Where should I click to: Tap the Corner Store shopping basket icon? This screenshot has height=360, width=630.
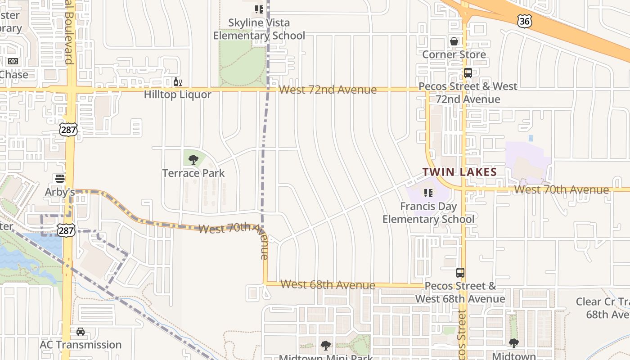454,41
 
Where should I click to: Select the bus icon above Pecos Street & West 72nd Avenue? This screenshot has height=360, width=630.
468,73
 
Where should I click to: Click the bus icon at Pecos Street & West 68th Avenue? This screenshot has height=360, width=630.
460,272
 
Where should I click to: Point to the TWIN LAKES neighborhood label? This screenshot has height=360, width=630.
459,172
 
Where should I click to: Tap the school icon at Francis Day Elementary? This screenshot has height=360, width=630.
428,193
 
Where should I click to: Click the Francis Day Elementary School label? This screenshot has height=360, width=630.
428,213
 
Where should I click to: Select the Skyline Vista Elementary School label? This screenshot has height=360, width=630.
259,29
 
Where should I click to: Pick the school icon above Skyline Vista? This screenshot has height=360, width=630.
259,9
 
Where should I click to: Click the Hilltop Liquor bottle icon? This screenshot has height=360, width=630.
178,82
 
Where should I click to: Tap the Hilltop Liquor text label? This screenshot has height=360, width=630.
177,94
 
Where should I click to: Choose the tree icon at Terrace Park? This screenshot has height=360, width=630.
193,159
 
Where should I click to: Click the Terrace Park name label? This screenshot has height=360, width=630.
193,173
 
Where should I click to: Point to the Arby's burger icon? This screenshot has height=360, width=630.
60,179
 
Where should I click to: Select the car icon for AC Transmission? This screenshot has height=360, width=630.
81,332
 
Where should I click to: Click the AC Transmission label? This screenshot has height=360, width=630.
81,345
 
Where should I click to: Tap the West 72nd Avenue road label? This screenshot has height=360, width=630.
328,90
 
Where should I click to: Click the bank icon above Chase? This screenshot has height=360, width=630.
13,61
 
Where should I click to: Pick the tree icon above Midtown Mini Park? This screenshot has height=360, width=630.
326,346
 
